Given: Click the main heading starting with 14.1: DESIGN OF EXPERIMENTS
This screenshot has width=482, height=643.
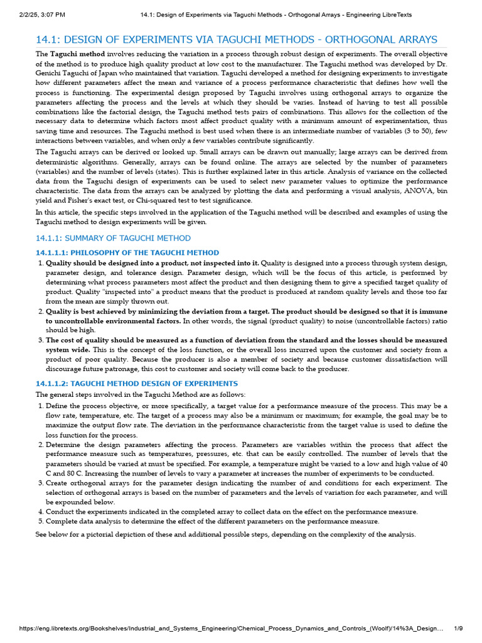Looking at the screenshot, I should (x=237, y=40).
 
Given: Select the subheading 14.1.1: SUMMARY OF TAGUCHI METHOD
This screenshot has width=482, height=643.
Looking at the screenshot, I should (x=114, y=238).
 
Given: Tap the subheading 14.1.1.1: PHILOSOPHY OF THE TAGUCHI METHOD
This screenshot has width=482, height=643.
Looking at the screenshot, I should (x=127, y=252).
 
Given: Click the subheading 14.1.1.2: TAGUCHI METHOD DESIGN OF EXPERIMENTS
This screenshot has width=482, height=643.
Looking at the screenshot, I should (x=137, y=383).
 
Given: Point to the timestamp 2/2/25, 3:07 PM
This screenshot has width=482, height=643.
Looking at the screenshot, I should (x=38, y=14).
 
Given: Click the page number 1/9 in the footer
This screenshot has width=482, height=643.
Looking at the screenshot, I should (x=458, y=629).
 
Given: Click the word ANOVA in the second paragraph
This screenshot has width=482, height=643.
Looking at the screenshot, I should (x=403, y=191).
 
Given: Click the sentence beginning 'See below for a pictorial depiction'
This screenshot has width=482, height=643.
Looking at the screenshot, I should (x=225, y=534).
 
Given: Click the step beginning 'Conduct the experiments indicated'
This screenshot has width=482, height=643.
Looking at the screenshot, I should (x=232, y=512).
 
